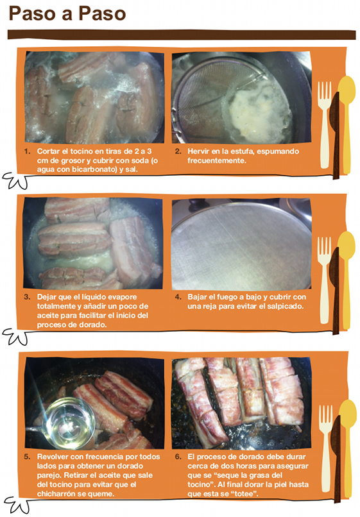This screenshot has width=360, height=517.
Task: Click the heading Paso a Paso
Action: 67,14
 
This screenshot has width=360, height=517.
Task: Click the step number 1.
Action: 27,151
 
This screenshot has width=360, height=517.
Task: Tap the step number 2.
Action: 178,151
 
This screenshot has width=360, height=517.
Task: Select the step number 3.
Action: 27,297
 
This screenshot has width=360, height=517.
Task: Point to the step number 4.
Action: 178,297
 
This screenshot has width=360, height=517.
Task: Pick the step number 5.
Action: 27,457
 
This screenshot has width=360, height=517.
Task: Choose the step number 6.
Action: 178,457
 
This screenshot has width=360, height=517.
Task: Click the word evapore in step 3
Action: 120,297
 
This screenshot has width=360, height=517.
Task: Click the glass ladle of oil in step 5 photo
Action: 68,419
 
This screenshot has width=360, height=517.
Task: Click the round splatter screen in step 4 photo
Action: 241,246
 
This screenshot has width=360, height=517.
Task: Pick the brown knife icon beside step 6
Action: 336,459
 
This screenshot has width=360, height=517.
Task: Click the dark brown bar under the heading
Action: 182,35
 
